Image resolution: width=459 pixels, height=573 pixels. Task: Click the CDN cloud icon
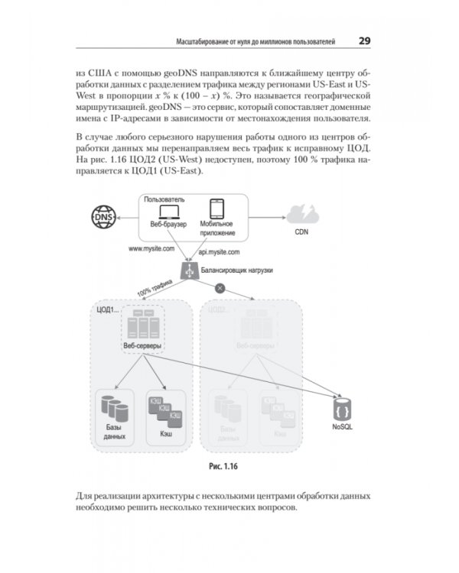click(303, 214)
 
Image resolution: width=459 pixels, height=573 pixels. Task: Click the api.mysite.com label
click(220, 251)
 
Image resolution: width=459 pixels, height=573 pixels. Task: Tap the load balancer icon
click(187, 270)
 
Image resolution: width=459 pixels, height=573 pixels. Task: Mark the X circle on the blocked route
click(220, 288)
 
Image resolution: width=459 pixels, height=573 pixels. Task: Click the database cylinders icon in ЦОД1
click(113, 403)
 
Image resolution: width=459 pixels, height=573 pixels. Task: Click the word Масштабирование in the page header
click(203, 40)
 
